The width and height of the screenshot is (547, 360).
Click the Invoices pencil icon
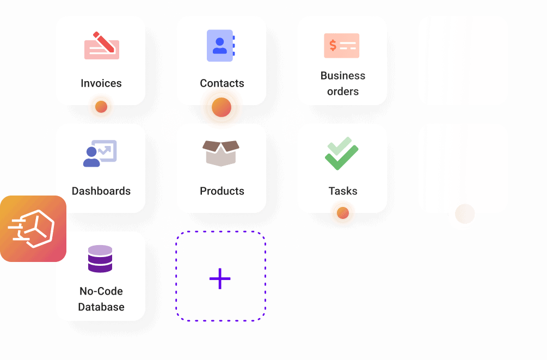[102, 46]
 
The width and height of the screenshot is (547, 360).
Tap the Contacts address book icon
[220, 45]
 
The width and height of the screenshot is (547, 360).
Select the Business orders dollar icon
[341, 46]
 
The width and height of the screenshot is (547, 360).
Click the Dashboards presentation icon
[100, 153]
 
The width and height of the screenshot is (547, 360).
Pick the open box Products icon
[221, 153]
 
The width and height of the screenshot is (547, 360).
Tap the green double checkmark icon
[341, 153]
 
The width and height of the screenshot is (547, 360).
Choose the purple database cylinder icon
[100, 259]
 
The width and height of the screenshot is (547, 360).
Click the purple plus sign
[220, 278]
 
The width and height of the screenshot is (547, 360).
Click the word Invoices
[101, 83]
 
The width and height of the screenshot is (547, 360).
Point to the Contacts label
[222, 83]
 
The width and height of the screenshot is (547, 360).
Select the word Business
[343, 76]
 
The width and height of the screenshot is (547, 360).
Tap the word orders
[343, 91]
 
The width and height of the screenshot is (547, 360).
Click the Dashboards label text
[101, 191]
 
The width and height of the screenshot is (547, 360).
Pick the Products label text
[222, 191]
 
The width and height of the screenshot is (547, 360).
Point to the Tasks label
[343, 191]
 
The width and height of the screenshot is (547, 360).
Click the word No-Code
[101, 291]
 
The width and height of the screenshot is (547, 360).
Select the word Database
[101, 307]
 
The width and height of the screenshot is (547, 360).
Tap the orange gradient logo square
[33, 229]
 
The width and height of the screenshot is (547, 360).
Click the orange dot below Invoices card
[101, 107]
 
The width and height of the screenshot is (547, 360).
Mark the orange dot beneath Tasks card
[343, 213]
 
